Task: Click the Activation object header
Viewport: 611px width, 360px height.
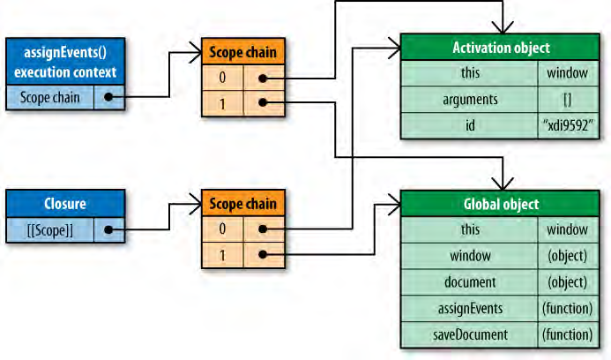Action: pos(501,48)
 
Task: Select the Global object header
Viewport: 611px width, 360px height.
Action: pos(501,204)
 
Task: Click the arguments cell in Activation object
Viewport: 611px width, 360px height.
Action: pos(470,100)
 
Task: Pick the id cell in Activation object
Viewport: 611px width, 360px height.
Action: pos(470,125)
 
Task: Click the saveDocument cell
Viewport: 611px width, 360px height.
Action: pos(470,334)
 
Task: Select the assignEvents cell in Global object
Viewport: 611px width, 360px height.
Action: pos(470,308)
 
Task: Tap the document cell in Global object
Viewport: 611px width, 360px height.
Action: pos(470,281)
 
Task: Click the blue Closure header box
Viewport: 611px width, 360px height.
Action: pos(64,204)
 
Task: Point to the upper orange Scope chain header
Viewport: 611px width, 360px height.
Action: pos(242,52)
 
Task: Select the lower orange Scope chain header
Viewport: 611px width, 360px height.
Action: pos(242,204)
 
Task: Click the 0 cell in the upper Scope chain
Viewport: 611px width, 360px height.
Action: pos(222,79)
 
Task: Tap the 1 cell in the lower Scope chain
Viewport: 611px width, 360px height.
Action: pos(222,256)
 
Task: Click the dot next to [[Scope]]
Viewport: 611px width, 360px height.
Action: pos(108,230)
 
